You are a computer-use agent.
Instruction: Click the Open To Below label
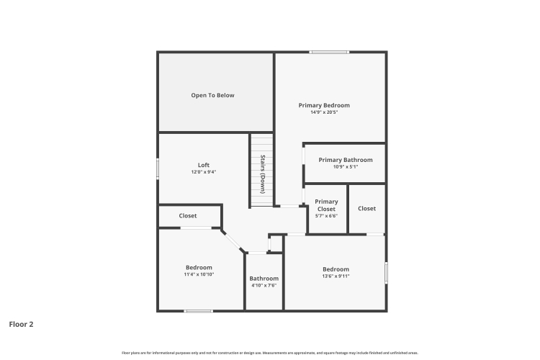point(212,96)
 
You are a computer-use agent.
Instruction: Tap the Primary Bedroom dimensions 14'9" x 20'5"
point(324,112)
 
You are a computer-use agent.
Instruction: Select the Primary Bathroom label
point(346,160)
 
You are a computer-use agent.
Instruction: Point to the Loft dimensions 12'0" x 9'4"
point(204,172)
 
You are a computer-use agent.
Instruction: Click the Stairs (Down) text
point(262,174)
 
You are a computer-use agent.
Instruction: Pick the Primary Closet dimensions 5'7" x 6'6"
point(326,216)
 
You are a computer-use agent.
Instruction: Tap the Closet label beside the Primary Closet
point(366,208)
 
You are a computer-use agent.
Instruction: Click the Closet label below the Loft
point(188,216)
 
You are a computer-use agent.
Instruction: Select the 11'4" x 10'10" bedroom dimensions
point(199,274)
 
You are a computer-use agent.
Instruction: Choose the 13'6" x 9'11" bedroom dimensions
point(336,276)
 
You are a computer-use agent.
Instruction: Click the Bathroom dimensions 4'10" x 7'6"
point(264,286)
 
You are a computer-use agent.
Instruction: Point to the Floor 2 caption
point(21,324)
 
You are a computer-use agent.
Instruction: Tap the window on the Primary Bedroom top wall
point(329,53)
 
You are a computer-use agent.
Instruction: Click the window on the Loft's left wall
point(158,168)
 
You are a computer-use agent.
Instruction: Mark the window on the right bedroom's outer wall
point(386,273)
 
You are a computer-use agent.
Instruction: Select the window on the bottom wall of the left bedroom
point(198,311)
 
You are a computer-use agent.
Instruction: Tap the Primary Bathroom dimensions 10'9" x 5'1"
point(346,167)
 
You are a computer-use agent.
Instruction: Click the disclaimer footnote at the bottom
point(270,353)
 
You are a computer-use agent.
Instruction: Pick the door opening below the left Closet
point(196,228)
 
